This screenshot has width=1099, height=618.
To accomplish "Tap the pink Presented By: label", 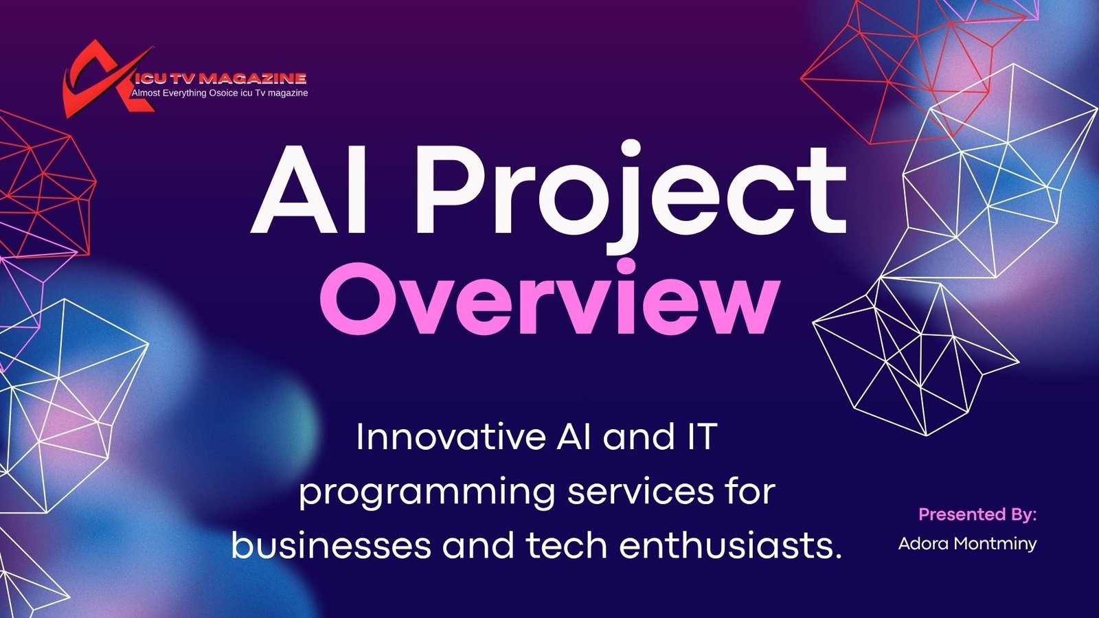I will (x=977, y=514).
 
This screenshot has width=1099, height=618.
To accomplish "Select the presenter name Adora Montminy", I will (x=967, y=544).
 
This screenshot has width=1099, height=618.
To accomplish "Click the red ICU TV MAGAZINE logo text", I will (x=220, y=79).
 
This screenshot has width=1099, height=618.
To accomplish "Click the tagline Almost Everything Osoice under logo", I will (x=220, y=93).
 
